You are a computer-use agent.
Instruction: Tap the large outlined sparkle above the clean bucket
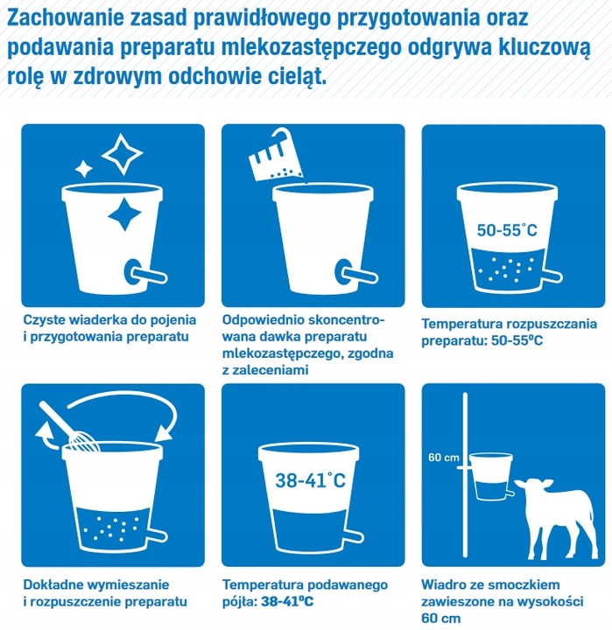122,152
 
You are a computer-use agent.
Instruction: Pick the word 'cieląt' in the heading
296,76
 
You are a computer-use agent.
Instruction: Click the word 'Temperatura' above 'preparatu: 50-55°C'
462,322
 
